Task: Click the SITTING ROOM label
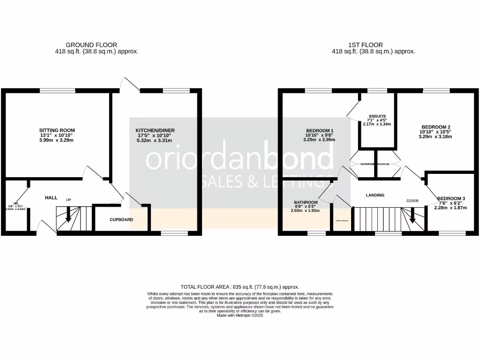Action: point(57,130)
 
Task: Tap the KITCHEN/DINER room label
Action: point(155,130)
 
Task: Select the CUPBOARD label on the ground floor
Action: point(121,219)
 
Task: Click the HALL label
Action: point(51,198)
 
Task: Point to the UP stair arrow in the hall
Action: point(68,216)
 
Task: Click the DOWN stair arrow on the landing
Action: point(413,217)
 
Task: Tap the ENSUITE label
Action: point(377,116)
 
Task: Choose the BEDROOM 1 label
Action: point(320,130)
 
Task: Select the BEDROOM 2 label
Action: point(436,127)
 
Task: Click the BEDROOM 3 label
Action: point(450,198)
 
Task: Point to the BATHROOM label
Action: point(306,202)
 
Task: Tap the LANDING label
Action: point(375,195)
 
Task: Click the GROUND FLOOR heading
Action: point(91,45)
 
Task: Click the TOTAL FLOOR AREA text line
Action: point(240,287)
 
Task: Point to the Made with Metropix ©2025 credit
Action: point(240,315)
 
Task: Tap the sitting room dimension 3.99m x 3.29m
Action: point(57,140)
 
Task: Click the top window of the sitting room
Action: point(57,91)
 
